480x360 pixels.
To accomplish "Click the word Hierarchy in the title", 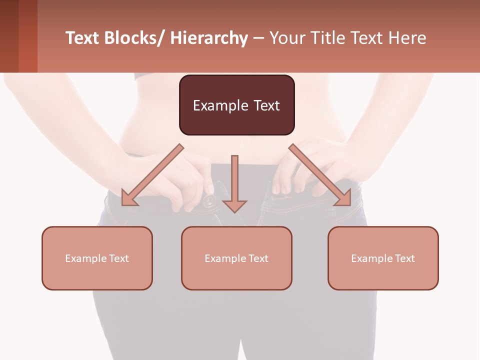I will [x=209, y=38].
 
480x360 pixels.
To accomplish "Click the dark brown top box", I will [x=236, y=105].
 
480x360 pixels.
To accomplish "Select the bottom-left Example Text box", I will [x=97, y=258].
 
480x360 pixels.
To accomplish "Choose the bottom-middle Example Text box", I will [x=236, y=258].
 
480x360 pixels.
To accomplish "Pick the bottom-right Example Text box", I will [x=383, y=258].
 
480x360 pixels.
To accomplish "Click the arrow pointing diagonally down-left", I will [x=152, y=175].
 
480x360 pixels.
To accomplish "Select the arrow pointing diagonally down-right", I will [x=320, y=175].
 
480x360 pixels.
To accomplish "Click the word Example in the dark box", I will [x=218, y=105].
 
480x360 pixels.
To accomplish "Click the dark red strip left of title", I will [x=18, y=36].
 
